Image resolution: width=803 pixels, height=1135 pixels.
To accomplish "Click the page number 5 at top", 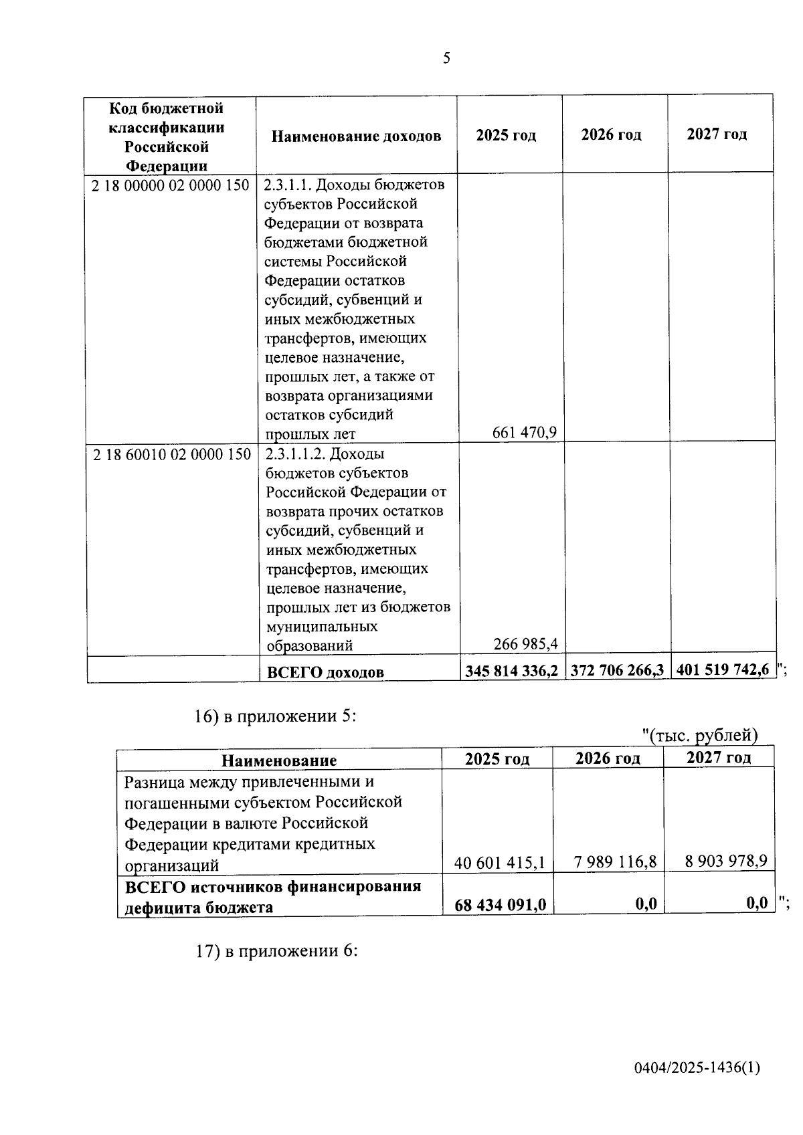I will click(446, 59).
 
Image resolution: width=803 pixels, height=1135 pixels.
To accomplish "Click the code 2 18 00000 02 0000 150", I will click(170, 185).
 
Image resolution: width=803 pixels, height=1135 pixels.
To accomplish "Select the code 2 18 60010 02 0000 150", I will click(172, 455).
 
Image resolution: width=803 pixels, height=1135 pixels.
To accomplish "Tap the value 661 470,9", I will click(524, 433).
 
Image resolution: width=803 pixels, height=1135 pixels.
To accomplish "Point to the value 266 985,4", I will click(525, 644).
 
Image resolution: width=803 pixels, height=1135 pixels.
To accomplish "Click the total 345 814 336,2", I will click(511, 671).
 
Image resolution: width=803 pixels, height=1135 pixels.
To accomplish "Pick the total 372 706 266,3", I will click(616, 670).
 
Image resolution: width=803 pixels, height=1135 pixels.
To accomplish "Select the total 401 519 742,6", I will click(723, 669).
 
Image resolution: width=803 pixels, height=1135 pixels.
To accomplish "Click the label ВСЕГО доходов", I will click(325, 672).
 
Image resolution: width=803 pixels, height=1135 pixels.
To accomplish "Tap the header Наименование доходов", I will click(356, 136).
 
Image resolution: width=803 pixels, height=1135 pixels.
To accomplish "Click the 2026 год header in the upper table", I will click(611, 135).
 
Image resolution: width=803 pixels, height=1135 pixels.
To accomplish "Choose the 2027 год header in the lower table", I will click(719, 758).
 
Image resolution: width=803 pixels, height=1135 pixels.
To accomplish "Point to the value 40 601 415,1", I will click(499, 863).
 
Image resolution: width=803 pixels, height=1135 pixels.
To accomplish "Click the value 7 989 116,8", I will click(615, 861).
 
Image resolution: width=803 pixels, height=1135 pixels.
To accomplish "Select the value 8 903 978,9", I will click(725, 861).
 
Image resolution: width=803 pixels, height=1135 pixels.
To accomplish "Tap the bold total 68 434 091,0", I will click(500, 905).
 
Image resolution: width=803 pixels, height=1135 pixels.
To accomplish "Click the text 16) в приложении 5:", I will click(275, 716).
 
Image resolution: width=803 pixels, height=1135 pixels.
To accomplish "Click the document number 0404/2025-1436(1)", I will click(697, 1068).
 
